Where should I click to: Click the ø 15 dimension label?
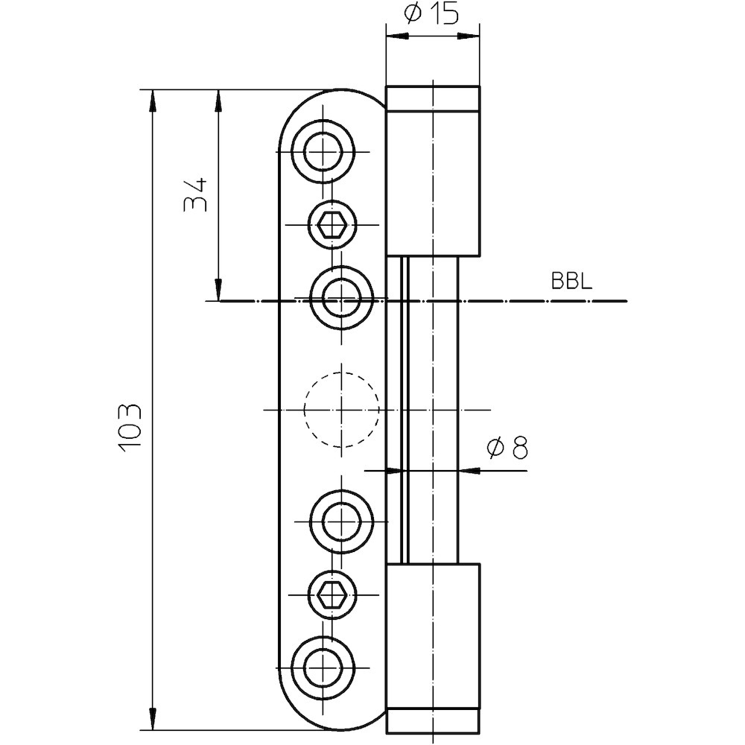431,15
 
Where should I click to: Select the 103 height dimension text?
129,428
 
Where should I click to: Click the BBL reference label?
571,282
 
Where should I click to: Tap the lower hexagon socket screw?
329,594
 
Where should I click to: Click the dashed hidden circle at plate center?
342,409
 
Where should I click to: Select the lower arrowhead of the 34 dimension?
218,291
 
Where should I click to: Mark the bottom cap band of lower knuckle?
433,722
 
